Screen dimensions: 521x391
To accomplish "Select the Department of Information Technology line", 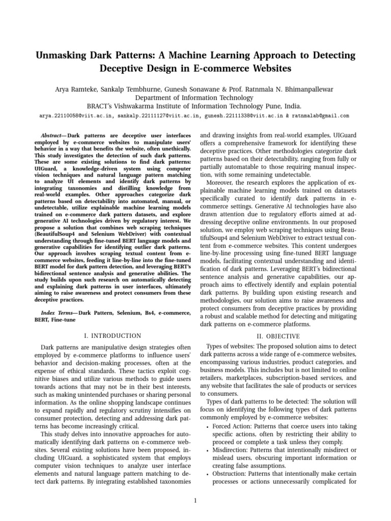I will point(195,98).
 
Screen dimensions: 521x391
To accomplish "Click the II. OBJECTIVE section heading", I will point(278,336).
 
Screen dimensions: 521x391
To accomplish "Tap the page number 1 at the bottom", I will point(195,500).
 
